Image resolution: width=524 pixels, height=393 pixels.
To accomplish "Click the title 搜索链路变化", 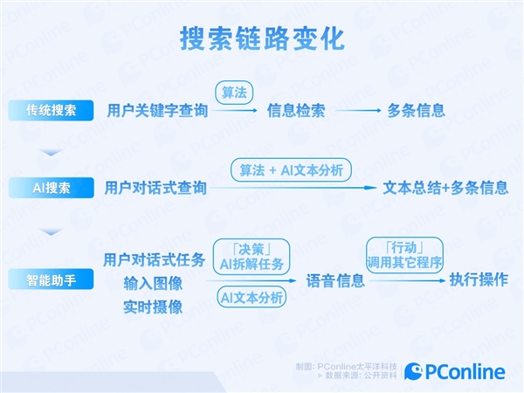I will (262, 38).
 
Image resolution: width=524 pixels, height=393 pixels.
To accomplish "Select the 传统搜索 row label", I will (51, 111).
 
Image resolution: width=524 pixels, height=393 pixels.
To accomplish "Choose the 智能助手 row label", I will (51, 280).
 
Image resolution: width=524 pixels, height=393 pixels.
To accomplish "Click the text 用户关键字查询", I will (157, 111).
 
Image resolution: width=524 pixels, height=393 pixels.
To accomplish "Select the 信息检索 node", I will (296, 111).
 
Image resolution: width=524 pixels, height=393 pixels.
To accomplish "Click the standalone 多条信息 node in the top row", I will (417, 111).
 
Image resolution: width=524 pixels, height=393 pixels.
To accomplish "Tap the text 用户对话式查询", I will (156, 188).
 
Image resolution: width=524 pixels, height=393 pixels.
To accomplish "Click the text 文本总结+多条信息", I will (445, 188).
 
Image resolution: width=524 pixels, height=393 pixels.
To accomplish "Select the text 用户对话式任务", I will (155, 259).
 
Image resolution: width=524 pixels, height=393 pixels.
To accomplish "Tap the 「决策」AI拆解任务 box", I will (252, 254).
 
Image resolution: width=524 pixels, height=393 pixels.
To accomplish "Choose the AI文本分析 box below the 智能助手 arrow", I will (252, 298).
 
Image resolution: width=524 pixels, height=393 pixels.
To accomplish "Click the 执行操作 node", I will (479, 280).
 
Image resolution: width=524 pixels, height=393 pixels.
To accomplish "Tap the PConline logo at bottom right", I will (455, 372).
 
